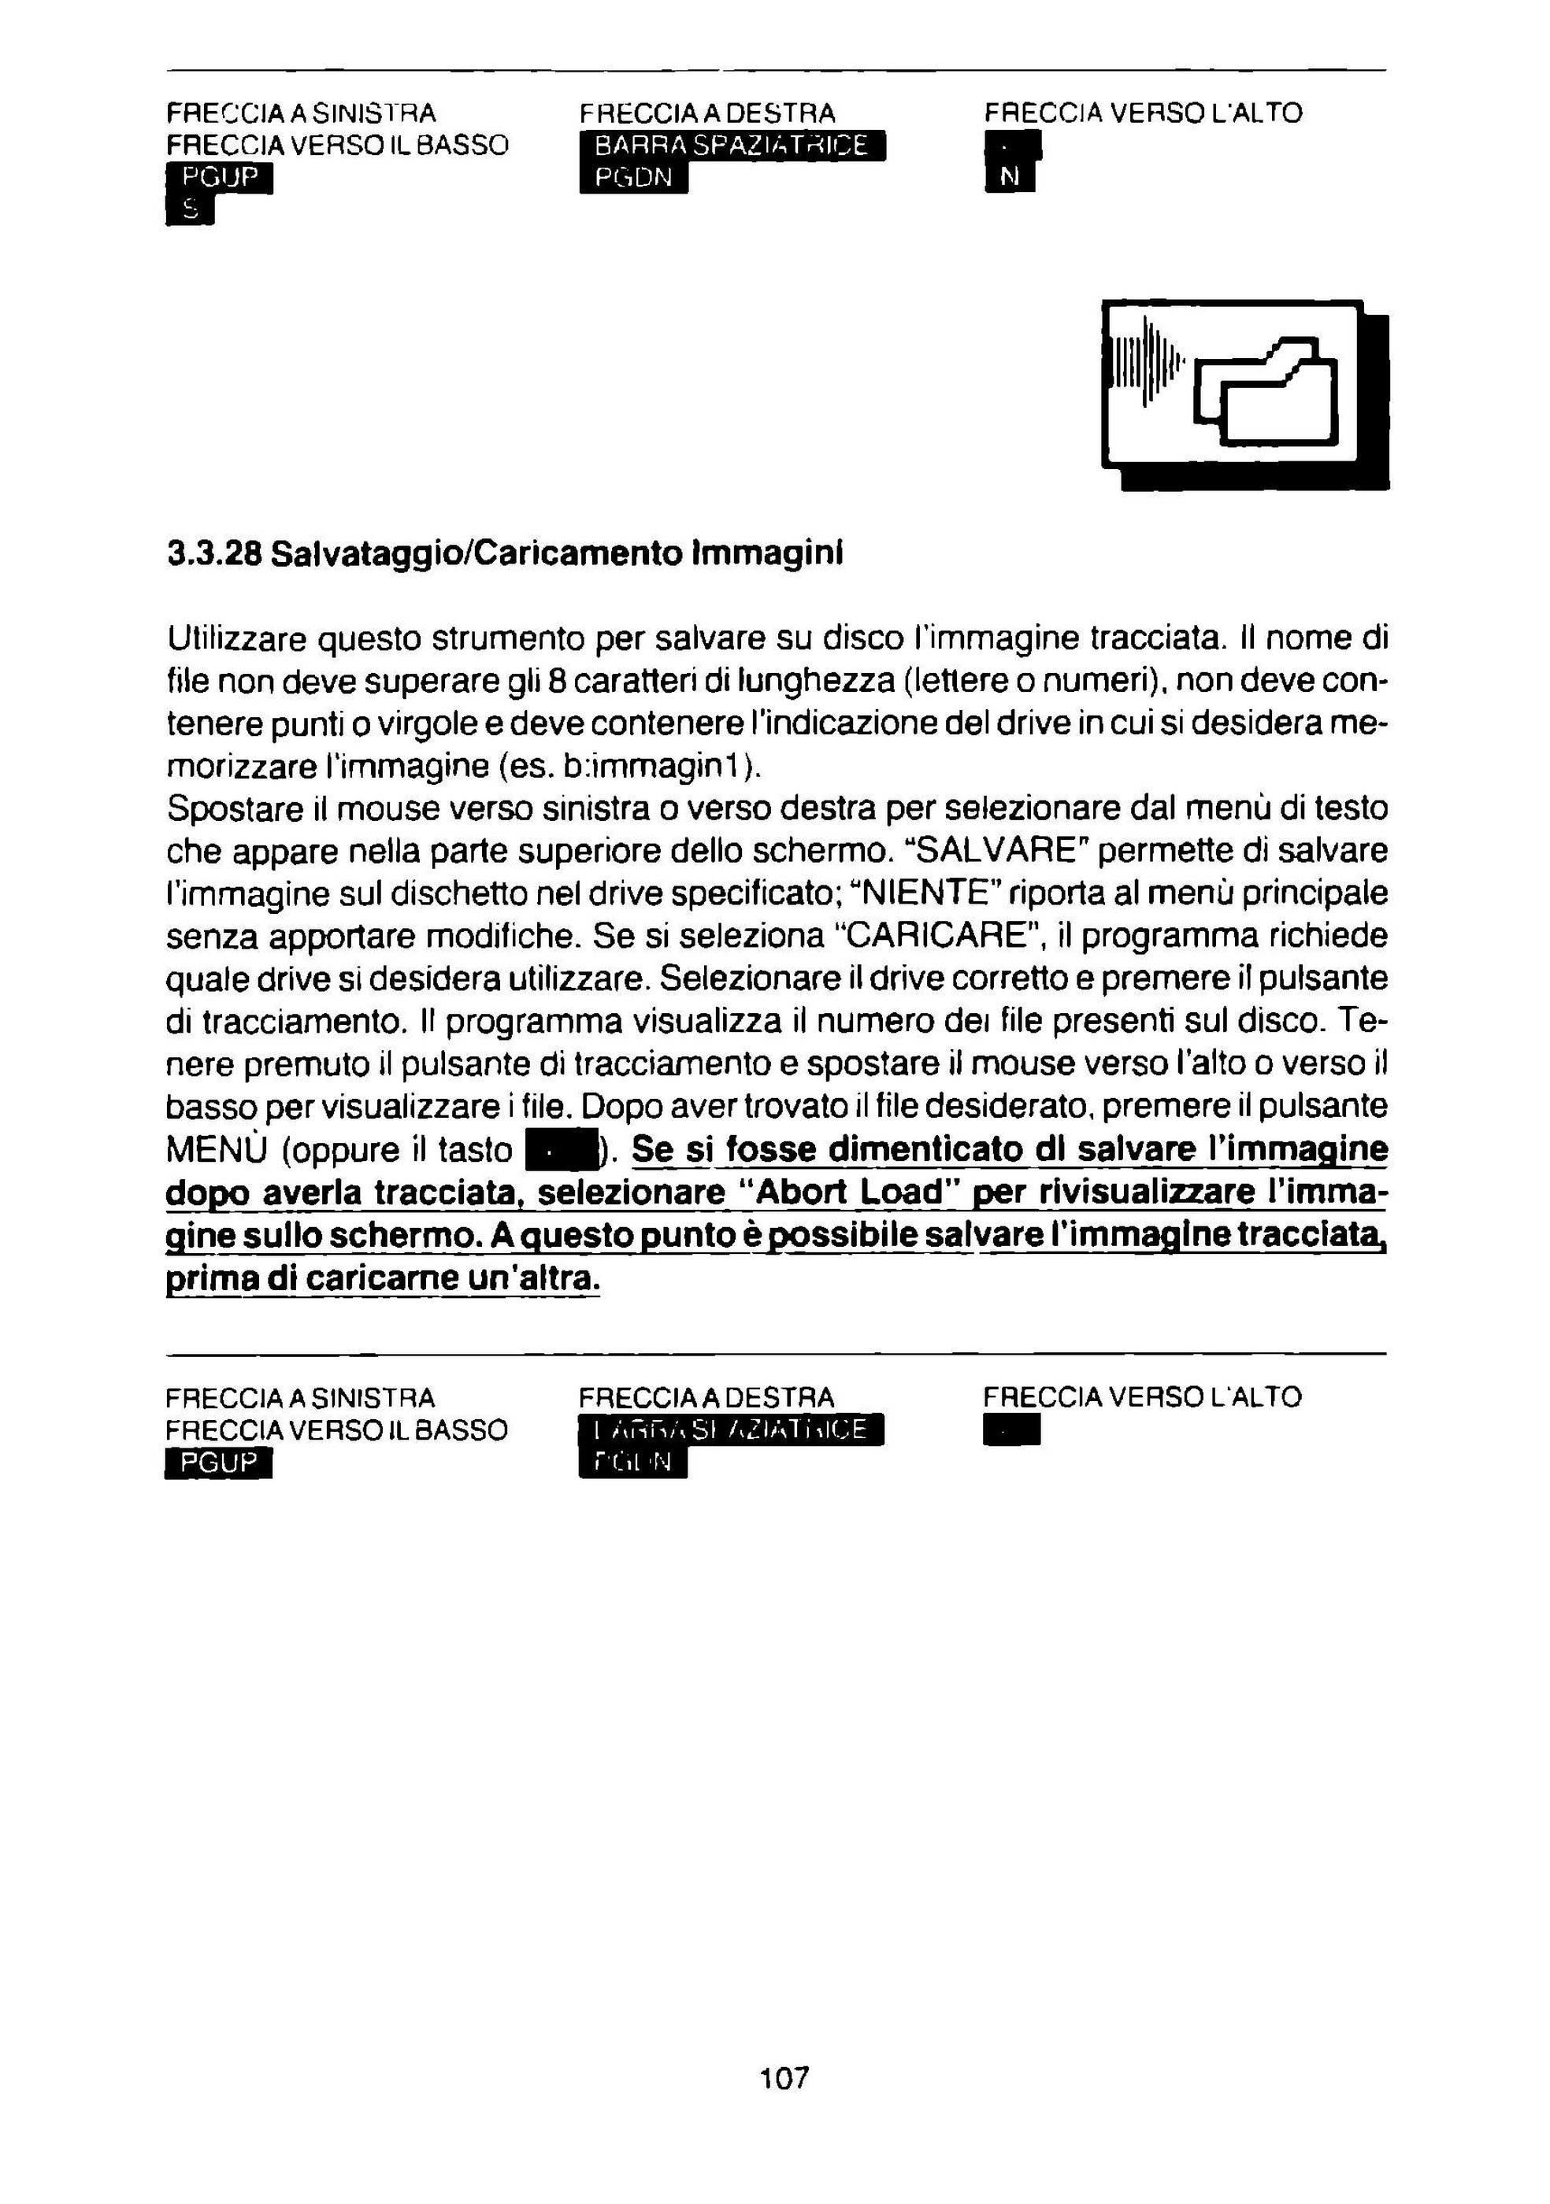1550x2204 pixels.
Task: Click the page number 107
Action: (x=784, y=2077)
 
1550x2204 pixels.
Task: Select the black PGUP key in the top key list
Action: (x=220, y=178)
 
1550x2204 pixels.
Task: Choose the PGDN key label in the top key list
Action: (x=633, y=178)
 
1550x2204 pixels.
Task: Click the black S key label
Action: (x=189, y=209)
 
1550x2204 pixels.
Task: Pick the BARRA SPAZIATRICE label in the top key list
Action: (x=732, y=147)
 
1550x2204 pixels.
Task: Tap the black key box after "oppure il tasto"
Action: (x=561, y=1149)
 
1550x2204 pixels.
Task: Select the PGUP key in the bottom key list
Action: (x=219, y=1463)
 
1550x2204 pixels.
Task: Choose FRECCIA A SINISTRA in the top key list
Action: (x=301, y=113)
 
